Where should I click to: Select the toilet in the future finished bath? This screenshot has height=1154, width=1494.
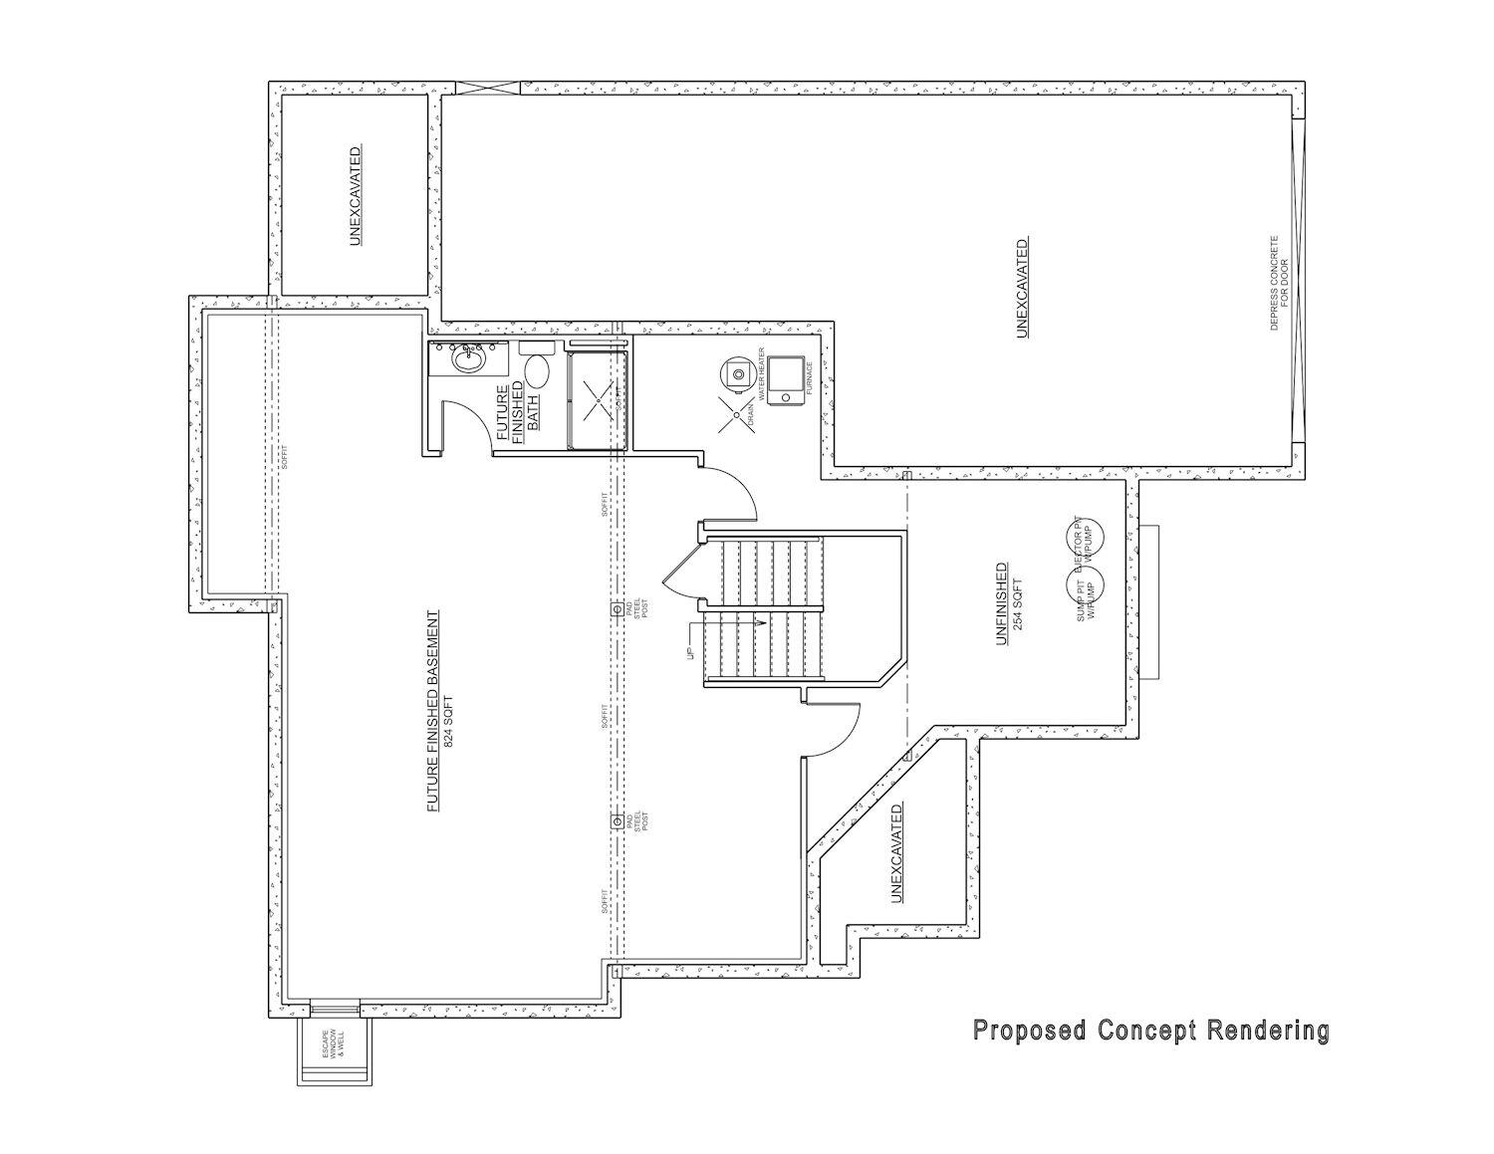tap(537, 367)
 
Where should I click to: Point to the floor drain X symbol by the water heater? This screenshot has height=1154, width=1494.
tap(736, 417)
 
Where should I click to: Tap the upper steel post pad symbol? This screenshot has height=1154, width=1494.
tap(619, 608)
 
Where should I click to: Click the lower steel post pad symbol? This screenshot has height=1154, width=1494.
tap(619, 820)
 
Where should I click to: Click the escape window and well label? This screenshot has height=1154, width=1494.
tap(332, 1042)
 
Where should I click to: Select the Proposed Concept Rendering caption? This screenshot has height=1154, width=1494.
tap(1150, 1031)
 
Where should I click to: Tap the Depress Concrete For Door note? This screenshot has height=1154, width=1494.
tap(1279, 284)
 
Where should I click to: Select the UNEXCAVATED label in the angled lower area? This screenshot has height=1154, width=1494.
tap(896, 853)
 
